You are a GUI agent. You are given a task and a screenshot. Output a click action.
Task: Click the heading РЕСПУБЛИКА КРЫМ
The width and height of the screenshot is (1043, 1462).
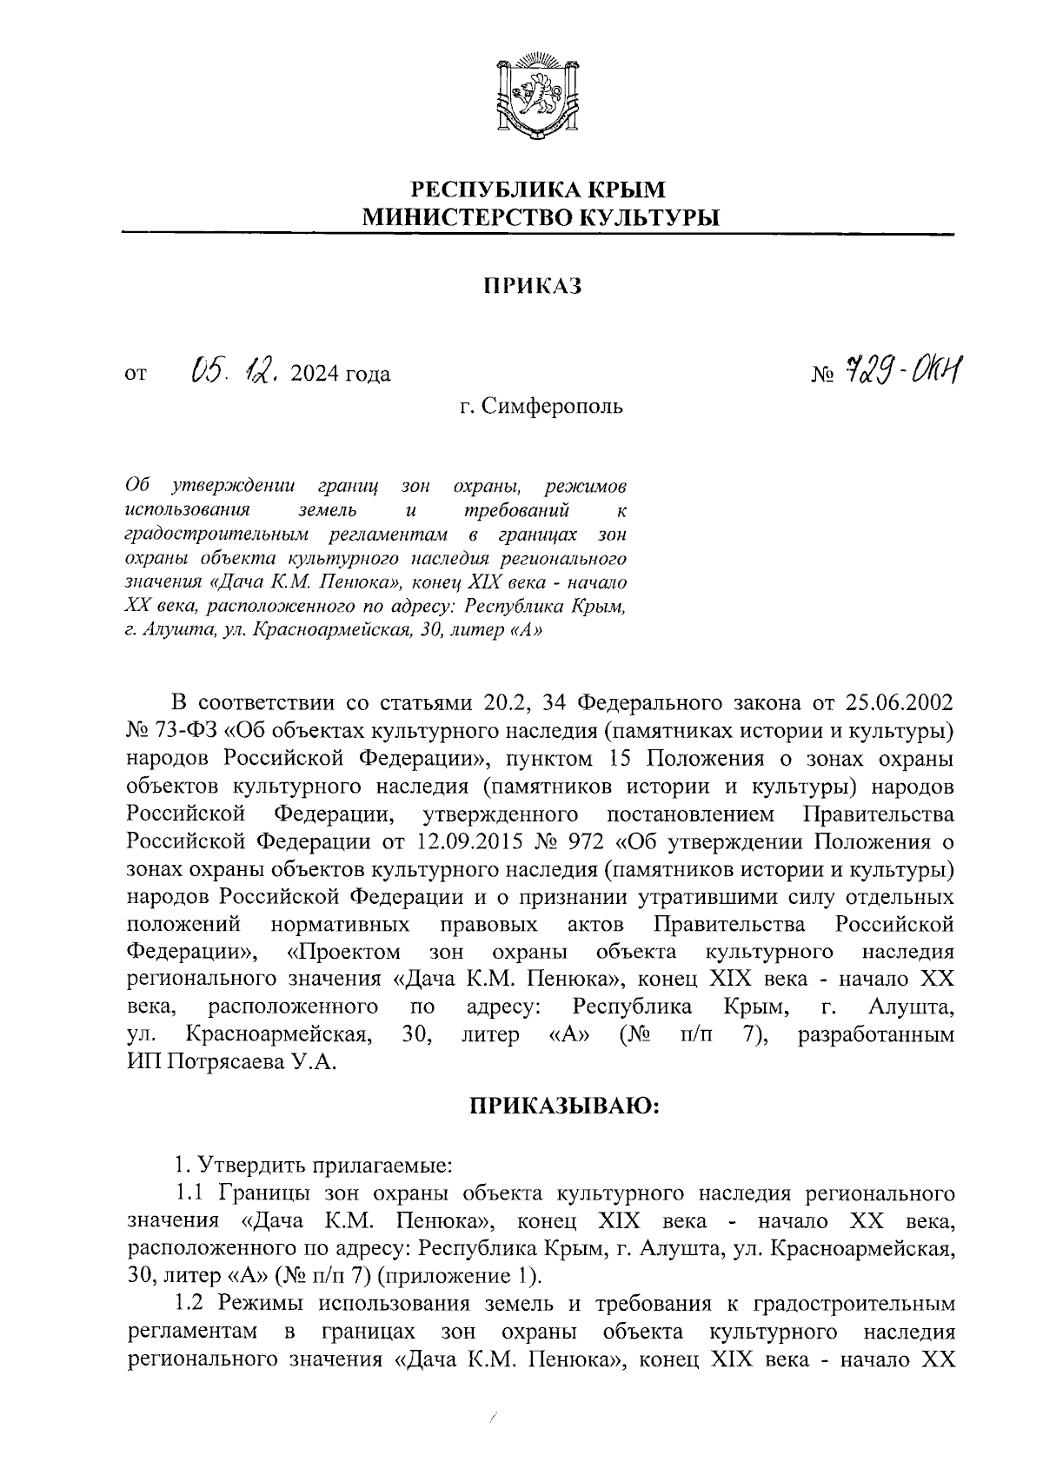537,189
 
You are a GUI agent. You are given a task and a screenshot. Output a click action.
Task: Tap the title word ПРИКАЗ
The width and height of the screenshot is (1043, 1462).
532,285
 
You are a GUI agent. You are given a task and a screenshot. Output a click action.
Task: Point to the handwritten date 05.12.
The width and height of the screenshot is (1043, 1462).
235,371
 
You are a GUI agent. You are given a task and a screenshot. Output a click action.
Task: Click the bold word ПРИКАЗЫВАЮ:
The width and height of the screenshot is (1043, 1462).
564,1106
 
